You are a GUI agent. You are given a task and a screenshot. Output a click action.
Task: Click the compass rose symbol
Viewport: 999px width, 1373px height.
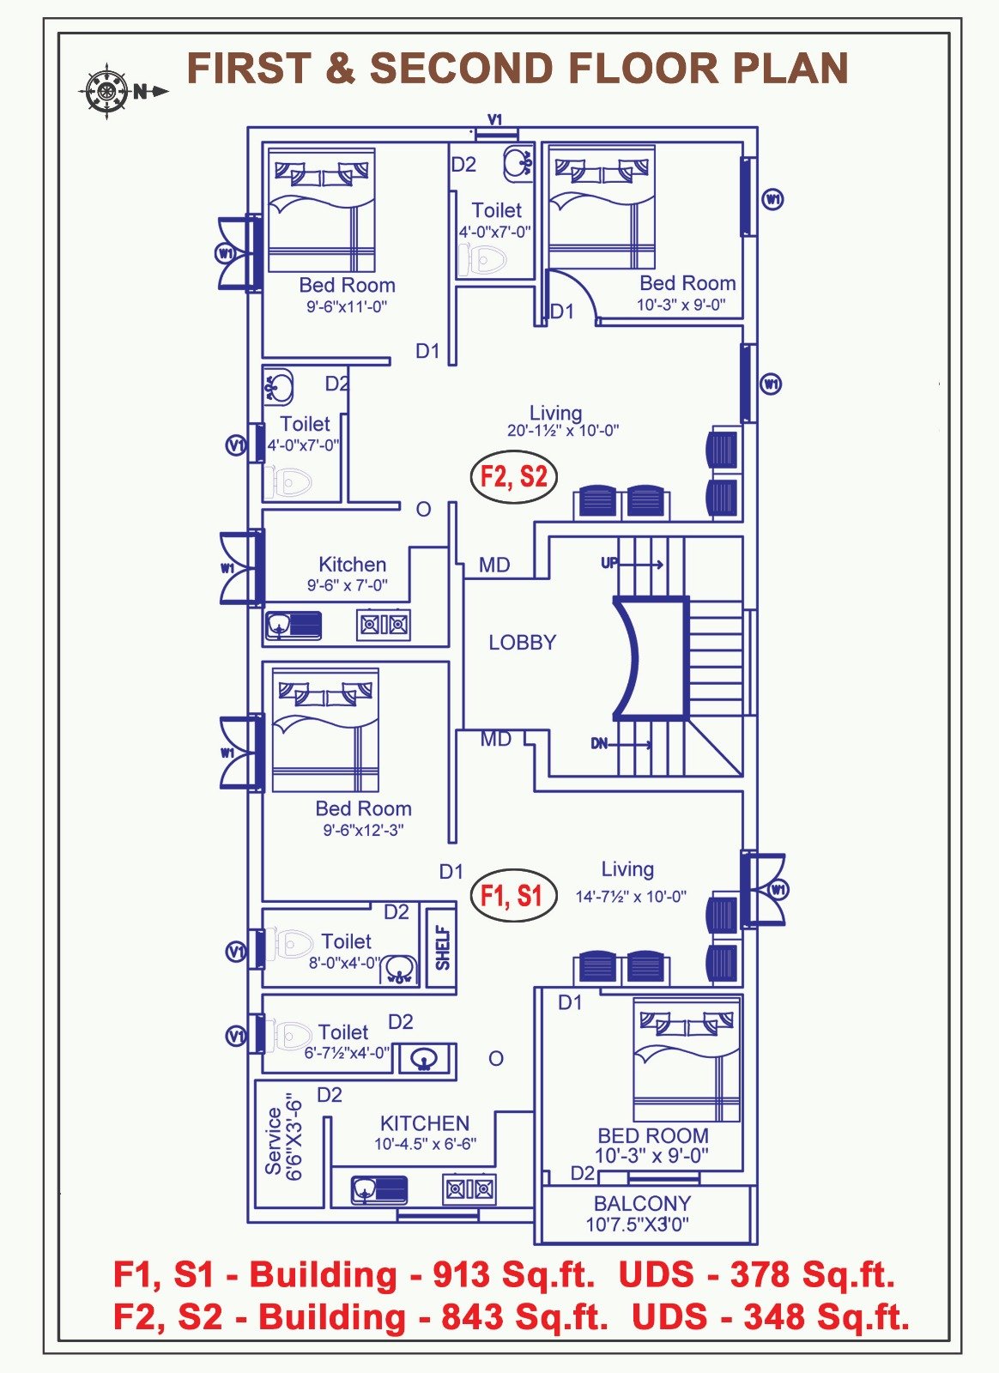(106, 90)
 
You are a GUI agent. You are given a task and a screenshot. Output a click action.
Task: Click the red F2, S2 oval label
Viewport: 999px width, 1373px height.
(513, 476)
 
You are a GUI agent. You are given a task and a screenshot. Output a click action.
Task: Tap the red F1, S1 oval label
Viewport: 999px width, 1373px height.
(512, 896)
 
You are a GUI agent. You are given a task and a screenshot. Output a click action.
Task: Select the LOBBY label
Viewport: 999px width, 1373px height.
(522, 643)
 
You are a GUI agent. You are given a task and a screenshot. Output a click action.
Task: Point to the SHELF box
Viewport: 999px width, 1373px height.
(442, 947)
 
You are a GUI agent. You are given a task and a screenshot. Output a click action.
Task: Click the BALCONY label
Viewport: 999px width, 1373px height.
(642, 1204)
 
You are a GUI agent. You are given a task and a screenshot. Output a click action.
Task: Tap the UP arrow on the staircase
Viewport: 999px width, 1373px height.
(639, 564)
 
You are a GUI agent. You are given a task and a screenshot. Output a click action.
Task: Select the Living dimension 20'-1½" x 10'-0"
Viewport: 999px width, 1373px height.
(562, 431)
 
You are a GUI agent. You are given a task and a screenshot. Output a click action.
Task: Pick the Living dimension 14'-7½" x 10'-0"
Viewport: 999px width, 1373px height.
(631, 897)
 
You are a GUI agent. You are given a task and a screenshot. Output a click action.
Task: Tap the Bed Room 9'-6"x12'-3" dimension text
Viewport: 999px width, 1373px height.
(363, 830)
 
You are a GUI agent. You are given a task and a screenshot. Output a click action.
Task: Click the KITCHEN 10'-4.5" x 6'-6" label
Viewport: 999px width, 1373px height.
(425, 1133)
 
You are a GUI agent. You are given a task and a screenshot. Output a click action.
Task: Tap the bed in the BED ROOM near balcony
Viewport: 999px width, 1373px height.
(686, 1061)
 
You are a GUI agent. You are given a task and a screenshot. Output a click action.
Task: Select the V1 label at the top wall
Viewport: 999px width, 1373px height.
(495, 120)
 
